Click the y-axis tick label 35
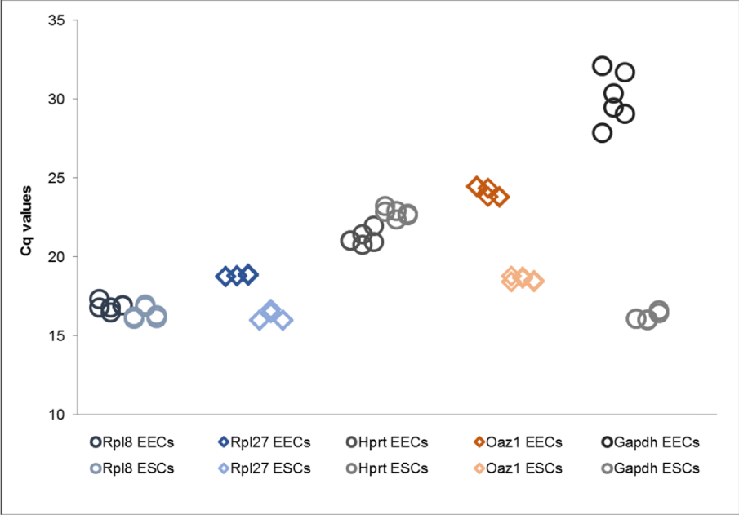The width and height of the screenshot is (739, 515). tap(56, 20)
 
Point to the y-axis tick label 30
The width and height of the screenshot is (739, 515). tap(56, 99)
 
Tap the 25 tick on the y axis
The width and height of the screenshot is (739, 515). tap(56, 178)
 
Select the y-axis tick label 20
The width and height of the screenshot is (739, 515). tap(56, 257)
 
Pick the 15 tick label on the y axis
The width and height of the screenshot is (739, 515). tap(56, 335)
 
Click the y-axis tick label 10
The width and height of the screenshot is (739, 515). tap(56, 415)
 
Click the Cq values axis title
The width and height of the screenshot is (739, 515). tap(25, 221)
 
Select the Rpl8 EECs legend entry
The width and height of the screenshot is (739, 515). tap(132, 442)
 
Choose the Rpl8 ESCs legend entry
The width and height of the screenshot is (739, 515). tap(132, 468)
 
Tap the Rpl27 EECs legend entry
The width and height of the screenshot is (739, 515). tap(264, 442)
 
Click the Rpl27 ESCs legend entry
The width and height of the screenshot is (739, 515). tap(264, 468)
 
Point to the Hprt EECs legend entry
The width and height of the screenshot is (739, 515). tap(387, 442)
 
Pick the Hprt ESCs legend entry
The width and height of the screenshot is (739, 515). tap(387, 468)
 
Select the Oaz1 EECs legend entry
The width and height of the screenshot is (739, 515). tap(518, 442)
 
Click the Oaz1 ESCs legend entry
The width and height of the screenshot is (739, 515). tap(518, 468)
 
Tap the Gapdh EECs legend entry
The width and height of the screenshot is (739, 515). tap(650, 442)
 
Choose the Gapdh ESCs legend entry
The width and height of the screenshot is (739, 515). tap(650, 468)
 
